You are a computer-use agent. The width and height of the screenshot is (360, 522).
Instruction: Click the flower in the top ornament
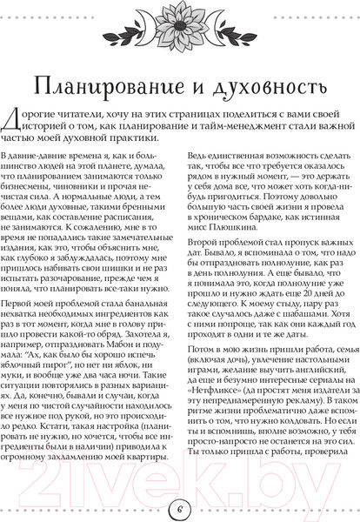coord(180,26)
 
